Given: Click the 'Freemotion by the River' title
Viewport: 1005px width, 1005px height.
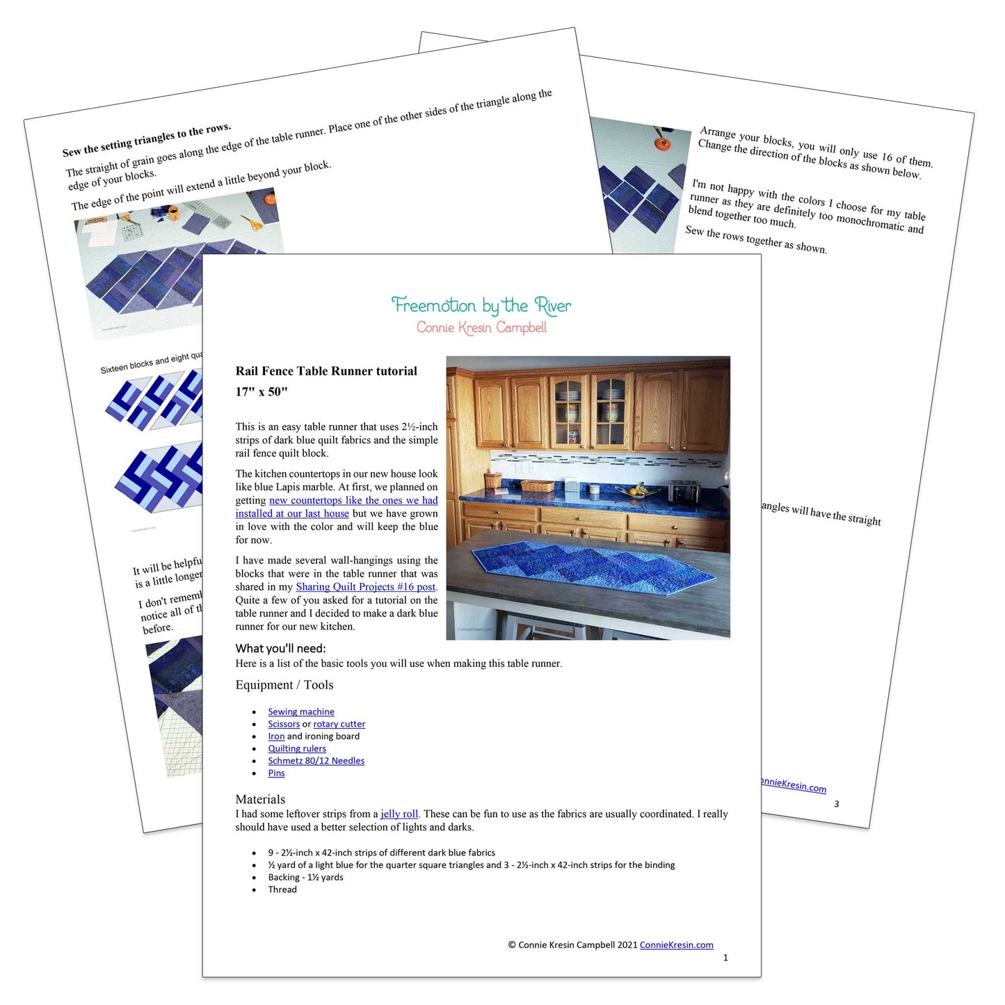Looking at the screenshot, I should click(481, 305).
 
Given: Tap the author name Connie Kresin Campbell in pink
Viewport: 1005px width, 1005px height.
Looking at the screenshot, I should click(481, 328).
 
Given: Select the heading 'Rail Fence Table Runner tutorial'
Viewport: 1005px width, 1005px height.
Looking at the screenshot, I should click(326, 371).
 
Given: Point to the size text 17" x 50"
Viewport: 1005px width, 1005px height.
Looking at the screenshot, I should click(262, 392).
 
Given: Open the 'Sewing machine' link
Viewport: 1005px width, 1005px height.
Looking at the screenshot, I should click(301, 711).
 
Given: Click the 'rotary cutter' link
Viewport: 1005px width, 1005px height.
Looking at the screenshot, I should click(339, 724).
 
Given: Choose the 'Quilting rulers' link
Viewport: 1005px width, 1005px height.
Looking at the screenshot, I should click(297, 748).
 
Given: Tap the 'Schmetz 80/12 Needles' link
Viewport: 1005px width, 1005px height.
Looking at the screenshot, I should click(316, 761).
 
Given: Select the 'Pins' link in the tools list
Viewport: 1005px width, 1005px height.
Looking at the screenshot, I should click(276, 773).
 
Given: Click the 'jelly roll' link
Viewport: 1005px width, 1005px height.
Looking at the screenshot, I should click(399, 814).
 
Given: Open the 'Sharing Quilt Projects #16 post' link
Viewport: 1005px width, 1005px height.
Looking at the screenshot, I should click(366, 587).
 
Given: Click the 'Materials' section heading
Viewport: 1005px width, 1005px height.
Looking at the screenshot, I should click(260, 799).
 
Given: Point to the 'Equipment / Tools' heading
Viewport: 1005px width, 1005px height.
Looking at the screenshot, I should click(284, 685).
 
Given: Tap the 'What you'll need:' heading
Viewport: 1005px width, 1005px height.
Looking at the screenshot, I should click(280, 648).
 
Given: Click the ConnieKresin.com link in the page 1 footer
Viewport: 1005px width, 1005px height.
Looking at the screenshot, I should click(677, 945).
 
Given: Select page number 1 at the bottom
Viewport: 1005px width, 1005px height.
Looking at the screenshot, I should click(725, 958).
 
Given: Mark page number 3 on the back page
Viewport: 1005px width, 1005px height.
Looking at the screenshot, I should click(836, 804).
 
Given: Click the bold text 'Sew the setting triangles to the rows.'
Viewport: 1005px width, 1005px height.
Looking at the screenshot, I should click(147, 140).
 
